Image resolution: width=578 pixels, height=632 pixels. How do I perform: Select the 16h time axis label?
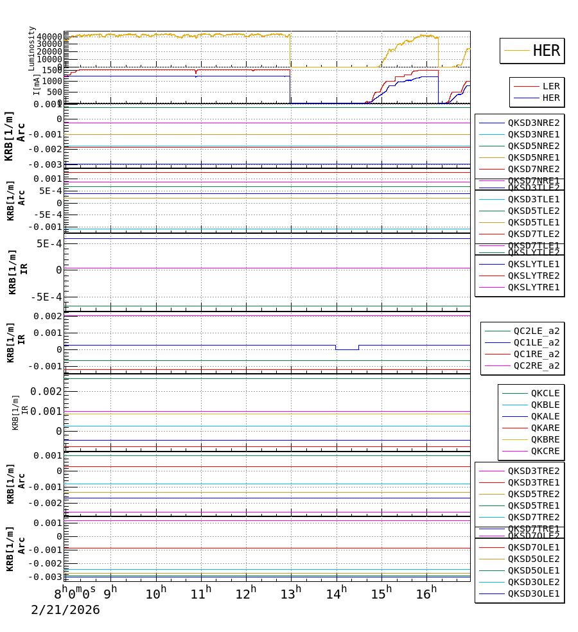click(425, 593)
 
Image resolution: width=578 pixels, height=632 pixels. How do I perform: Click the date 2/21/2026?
click(66, 610)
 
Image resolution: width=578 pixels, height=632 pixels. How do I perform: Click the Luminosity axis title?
click(31, 48)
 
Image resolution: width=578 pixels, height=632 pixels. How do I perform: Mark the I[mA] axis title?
click(37, 84)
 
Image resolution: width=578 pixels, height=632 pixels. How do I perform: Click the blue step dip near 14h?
click(347, 349)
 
